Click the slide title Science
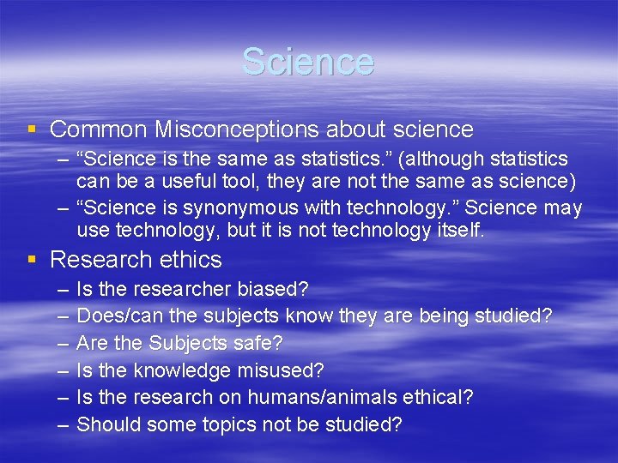308,62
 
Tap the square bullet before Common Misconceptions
32,129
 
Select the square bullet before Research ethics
32,260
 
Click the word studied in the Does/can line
512,316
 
